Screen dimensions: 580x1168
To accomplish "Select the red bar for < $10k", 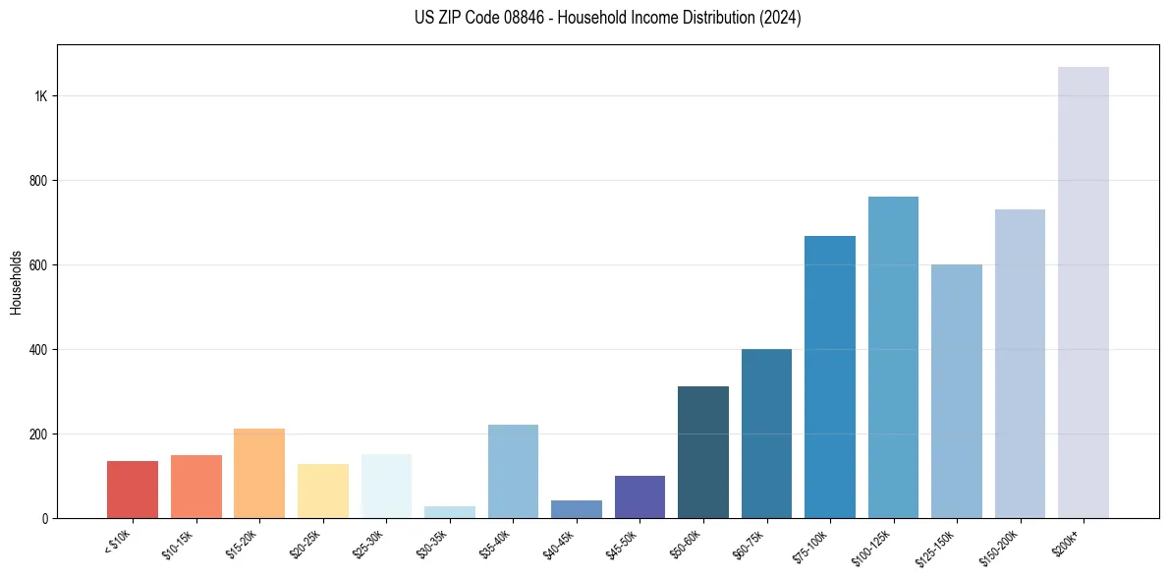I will click(133, 490).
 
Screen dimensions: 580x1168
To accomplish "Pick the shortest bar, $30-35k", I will click(449, 512).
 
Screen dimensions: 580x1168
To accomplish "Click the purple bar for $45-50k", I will click(640, 496).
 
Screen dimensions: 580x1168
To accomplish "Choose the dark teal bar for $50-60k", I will click(703, 452).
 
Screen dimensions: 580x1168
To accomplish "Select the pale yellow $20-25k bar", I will click(322, 491).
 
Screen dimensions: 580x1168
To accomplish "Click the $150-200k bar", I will click(1020, 364).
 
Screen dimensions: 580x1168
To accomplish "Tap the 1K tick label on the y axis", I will click(41, 96).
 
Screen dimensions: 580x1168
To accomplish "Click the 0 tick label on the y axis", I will click(45, 518).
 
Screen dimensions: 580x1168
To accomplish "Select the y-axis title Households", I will click(16, 282).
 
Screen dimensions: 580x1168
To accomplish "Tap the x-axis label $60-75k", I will click(750, 543).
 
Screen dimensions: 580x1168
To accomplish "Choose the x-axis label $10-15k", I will click(179, 543).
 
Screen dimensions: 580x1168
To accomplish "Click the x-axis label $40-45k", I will click(559, 543).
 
